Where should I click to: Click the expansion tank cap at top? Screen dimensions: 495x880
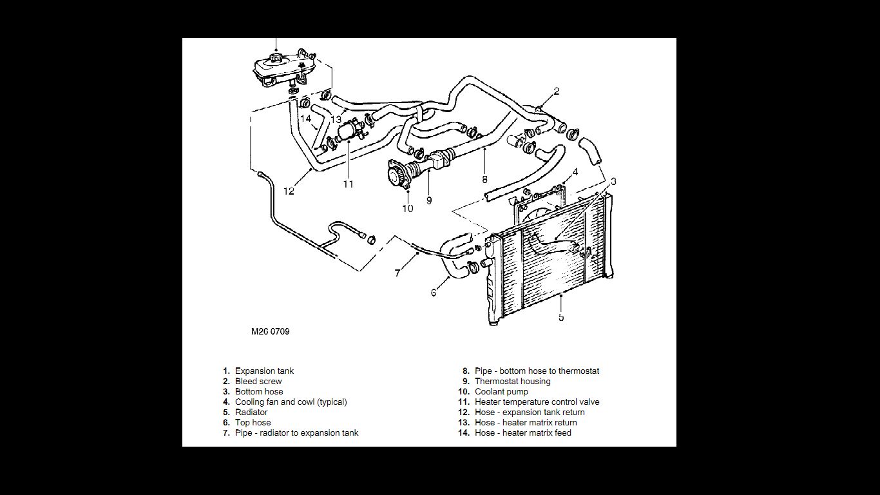point(276,59)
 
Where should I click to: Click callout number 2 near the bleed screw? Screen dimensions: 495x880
point(557,92)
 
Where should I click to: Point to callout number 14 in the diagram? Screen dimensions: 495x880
point(305,119)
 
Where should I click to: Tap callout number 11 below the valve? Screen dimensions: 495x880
point(349,184)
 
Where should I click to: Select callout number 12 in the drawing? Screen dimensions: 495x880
point(289,191)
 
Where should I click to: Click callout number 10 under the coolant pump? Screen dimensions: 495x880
point(408,208)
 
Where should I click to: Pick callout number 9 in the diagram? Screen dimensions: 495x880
point(429,200)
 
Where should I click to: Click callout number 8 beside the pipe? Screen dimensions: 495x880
point(484,180)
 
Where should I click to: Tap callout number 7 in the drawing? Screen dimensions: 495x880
point(397,273)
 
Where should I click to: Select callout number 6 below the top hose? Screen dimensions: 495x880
point(434,293)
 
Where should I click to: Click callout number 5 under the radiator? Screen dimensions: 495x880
point(561,317)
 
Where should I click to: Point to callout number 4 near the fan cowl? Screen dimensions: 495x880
point(575,172)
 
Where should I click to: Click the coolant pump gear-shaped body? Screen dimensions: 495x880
point(395,175)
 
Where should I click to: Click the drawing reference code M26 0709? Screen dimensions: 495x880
point(270,332)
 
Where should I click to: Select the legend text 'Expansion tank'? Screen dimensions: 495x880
point(264,371)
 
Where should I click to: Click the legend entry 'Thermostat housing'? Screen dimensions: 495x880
point(512,382)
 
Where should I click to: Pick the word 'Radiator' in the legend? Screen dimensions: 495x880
point(251,412)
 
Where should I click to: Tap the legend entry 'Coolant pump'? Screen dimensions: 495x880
point(501,392)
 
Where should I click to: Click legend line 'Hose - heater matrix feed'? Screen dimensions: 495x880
point(522,433)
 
